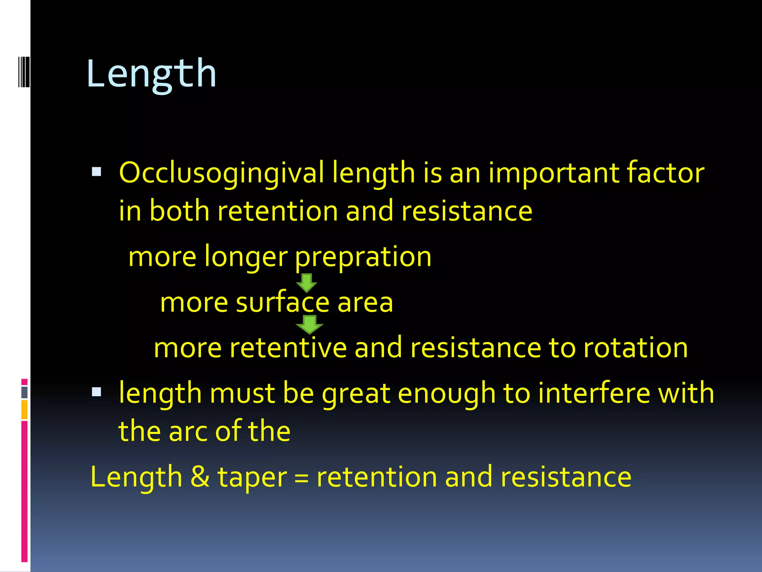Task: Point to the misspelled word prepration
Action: pyautogui.click(x=363, y=257)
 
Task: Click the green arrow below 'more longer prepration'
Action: pyautogui.click(x=307, y=283)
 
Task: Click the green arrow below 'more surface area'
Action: pyautogui.click(x=309, y=324)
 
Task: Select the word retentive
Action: pyautogui.click(x=288, y=347)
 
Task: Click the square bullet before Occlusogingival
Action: pyautogui.click(x=96, y=172)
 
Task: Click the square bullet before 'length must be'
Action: pyautogui.click(x=96, y=392)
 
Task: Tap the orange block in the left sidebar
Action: pyautogui.click(x=25, y=410)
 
